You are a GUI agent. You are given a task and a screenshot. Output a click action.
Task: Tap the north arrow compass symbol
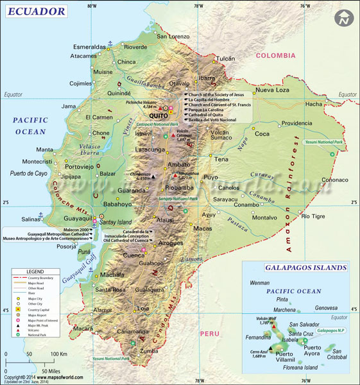(x=345, y=18)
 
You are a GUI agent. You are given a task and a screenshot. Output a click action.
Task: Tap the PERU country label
(x=210, y=333)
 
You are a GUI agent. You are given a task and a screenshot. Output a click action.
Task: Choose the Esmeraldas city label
(x=89, y=47)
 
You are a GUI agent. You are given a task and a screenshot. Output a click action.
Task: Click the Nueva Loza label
(x=274, y=90)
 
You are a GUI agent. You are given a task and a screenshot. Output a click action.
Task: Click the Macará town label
(x=83, y=329)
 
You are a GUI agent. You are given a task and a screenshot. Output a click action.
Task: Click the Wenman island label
(x=260, y=282)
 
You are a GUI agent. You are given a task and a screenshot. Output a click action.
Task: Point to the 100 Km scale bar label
(x=58, y=354)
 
